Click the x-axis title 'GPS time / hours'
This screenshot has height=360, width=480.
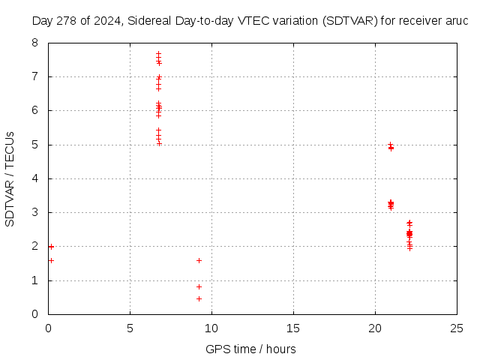point(250,349)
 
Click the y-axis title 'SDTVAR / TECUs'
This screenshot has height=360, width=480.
point(10,179)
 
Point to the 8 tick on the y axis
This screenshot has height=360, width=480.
point(35,43)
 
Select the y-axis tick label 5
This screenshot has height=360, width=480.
point(35,145)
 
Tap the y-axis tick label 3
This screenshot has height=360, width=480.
point(35,212)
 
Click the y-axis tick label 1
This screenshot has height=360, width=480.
point(35,280)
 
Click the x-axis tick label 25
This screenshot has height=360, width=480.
point(457,328)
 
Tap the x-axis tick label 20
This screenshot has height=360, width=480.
point(375,328)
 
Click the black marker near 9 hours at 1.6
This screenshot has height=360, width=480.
point(199,260)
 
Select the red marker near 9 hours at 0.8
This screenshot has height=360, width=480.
point(199,286)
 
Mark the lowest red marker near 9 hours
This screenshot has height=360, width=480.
point(199,298)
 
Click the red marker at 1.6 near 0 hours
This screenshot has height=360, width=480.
point(51,260)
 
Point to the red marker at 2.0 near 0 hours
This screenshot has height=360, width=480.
point(51,246)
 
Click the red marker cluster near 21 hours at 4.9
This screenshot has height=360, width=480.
point(391,147)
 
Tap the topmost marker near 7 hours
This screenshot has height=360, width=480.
point(158,53)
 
